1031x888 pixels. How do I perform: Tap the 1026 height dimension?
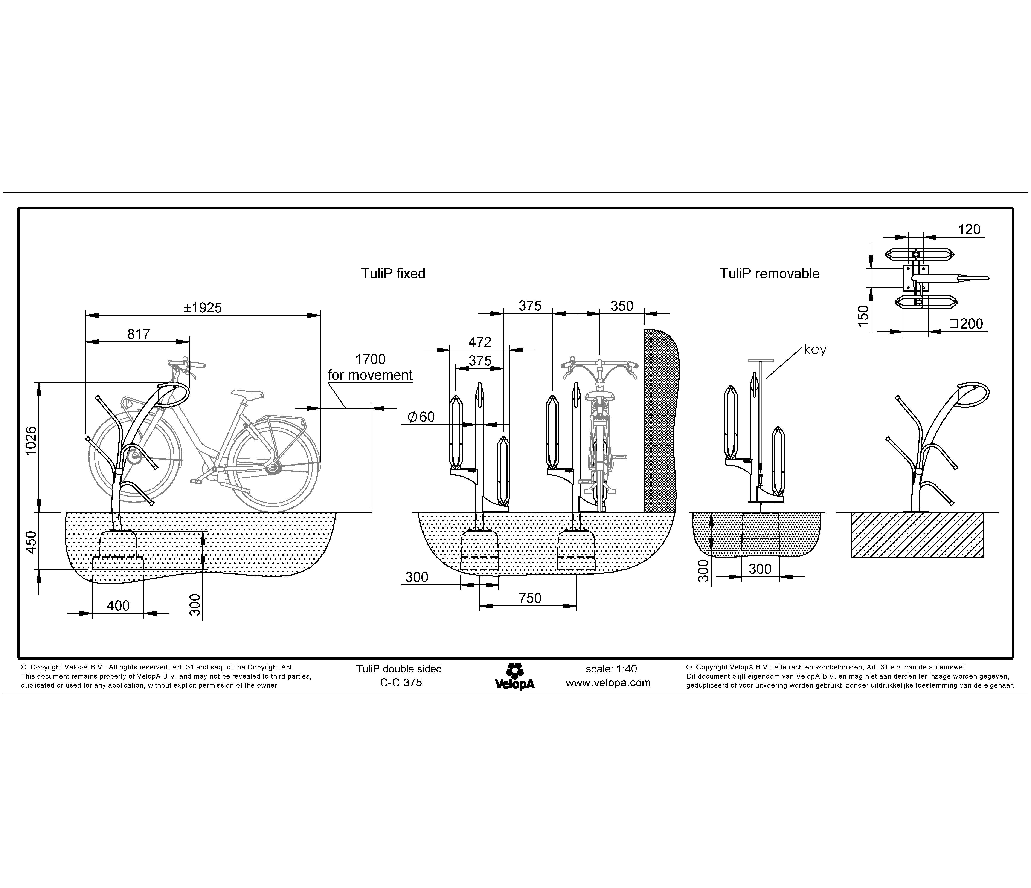pyautogui.click(x=31, y=440)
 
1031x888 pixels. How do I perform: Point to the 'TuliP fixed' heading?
pyautogui.click(x=393, y=274)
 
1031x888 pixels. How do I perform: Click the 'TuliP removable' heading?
pyautogui.click(x=769, y=274)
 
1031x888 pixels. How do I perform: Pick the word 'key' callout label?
pyautogui.click(x=815, y=350)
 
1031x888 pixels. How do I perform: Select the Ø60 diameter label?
pyautogui.click(x=421, y=417)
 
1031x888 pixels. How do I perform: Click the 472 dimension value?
pyautogui.click(x=480, y=342)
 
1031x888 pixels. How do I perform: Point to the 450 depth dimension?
pyautogui.click(x=31, y=543)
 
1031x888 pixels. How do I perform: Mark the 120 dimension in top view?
pyautogui.click(x=969, y=229)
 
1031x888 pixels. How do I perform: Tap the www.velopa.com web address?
pyautogui.click(x=608, y=683)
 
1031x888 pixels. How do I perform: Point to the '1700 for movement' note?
pyautogui.click(x=370, y=367)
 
